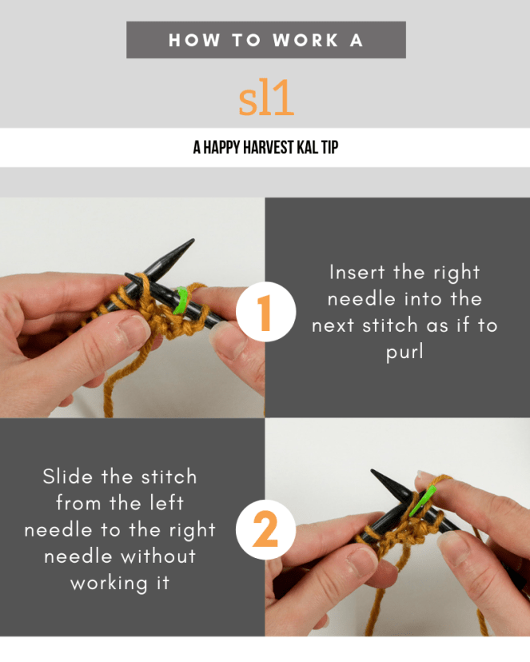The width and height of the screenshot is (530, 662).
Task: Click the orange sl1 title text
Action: click(x=266, y=98)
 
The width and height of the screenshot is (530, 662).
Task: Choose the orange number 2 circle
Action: click(x=265, y=529)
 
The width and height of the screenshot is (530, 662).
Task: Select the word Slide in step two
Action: click(x=69, y=477)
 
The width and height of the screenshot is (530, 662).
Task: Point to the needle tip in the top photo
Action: click(x=189, y=241)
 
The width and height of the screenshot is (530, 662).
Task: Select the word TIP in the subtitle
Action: click(x=329, y=148)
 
